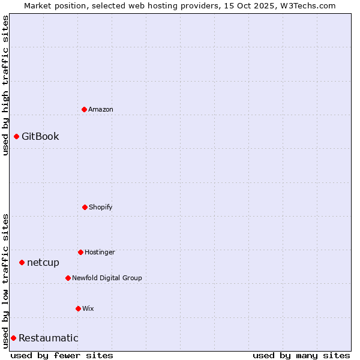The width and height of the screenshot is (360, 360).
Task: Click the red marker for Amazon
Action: click(x=84, y=109)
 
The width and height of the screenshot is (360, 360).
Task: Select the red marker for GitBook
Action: click(x=16, y=136)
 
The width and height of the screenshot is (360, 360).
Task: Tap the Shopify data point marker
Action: click(x=85, y=207)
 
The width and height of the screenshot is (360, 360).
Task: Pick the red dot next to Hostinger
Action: click(x=80, y=252)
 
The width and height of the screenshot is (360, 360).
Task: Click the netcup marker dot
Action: click(x=22, y=262)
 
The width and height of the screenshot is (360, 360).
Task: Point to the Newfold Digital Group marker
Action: click(x=68, y=278)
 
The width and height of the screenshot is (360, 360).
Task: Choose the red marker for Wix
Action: click(x=78, y=308)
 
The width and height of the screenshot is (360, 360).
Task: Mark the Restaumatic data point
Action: click(x=13, y=338)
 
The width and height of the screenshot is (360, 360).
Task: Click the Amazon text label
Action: click(x=101, y=109)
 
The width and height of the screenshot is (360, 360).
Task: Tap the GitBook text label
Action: click(x=40, y=136)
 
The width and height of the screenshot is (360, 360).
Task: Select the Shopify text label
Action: click(x=101, y=207)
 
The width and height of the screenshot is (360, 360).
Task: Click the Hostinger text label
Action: click(x=100, y=252)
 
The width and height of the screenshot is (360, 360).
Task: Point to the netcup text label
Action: click(x=43, y=262)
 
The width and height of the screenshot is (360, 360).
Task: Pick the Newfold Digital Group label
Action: click(x=107, y=278)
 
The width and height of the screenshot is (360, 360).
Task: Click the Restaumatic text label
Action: click(x=49, y=338)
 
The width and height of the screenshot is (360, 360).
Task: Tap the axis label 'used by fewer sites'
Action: click(x=62, y=355)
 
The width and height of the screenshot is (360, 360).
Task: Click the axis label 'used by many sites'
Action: click(x=301, y=355)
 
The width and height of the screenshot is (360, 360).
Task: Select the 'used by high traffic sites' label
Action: click(x=5, y=85)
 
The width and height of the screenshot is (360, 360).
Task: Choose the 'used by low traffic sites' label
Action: click(x=5, y=281)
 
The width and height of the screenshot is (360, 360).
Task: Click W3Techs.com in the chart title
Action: click(x=306, y=5)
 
